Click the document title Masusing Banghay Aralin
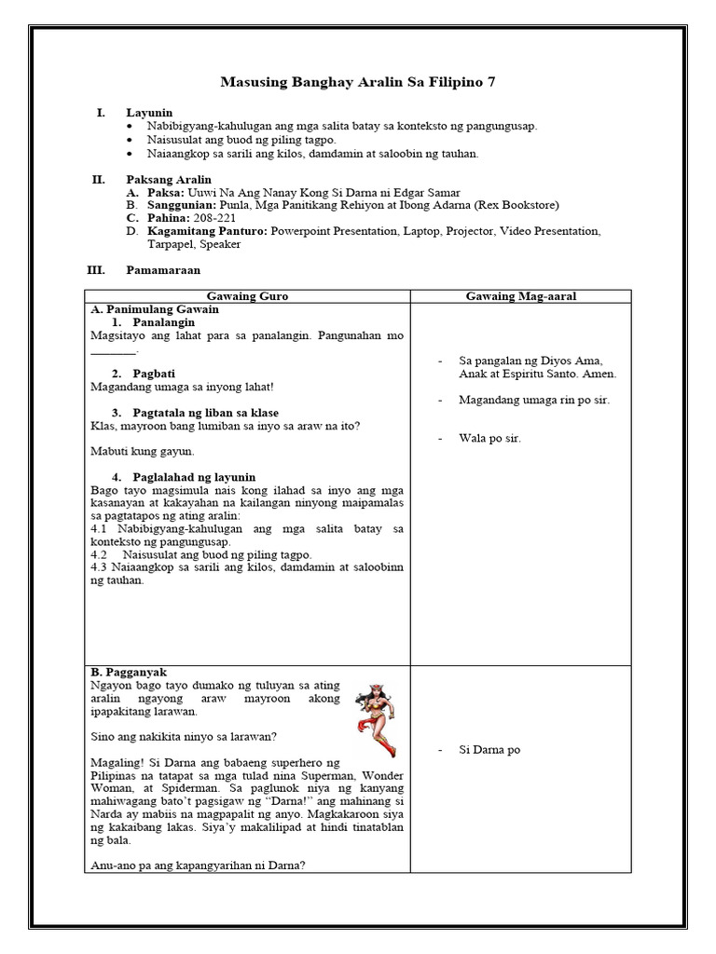357,83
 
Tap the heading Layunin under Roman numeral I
149,113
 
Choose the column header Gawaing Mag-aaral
520,296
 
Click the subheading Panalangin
163,321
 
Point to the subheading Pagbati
151,374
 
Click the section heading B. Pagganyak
129,672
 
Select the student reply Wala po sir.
491,438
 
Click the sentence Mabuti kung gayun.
142,451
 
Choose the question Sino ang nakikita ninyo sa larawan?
183,736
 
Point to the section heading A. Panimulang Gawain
154,308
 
